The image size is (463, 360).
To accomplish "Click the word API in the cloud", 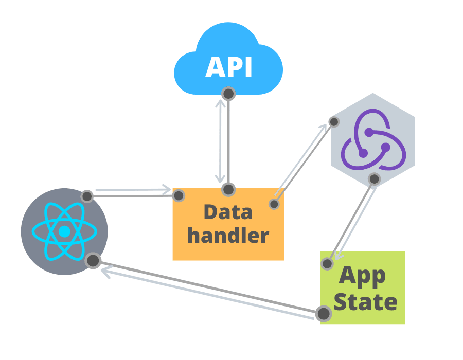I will click(228, 68).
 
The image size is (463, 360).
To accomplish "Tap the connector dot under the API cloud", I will click(228, 94).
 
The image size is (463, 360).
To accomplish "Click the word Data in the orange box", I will click(228, 211).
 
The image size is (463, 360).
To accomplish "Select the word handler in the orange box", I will click(228, 236).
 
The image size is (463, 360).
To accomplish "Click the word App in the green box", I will click(362, 276).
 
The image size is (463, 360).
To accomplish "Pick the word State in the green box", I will click(365, 302).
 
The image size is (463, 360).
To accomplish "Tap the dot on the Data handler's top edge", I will click(228, 189).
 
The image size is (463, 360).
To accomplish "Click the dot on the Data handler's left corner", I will click(179, 195).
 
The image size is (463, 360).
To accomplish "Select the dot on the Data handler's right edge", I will click(274, 204).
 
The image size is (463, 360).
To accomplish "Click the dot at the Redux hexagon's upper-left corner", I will click(333, 122).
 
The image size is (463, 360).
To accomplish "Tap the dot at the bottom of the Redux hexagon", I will click(374, 179).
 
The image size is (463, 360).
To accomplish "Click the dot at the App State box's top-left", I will click(326, 264).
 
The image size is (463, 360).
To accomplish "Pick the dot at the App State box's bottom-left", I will click(323, 313).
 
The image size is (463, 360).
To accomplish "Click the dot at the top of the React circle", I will click(87, 196).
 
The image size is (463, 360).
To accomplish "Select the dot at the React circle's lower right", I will click(93, 261).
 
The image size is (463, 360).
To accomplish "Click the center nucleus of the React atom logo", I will click(64, 232).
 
